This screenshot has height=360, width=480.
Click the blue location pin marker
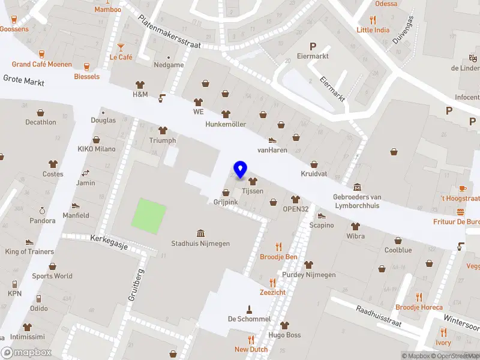240,170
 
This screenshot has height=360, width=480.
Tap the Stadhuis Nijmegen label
200,244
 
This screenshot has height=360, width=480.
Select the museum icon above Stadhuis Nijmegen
200,233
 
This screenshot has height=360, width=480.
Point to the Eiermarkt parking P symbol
312,46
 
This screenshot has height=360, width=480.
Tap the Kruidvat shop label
314,174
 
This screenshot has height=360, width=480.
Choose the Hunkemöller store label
226,124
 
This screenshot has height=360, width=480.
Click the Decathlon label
41,122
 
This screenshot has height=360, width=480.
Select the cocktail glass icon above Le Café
121,47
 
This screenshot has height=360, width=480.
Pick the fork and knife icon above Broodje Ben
278,247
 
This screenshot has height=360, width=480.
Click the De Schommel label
249,319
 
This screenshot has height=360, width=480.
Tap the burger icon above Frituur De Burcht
460,211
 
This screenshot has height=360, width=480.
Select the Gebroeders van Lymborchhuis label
358,201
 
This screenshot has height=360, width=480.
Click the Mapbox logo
26,353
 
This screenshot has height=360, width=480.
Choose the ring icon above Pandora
42,211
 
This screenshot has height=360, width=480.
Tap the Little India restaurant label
373,30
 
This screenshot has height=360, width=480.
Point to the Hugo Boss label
285,335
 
